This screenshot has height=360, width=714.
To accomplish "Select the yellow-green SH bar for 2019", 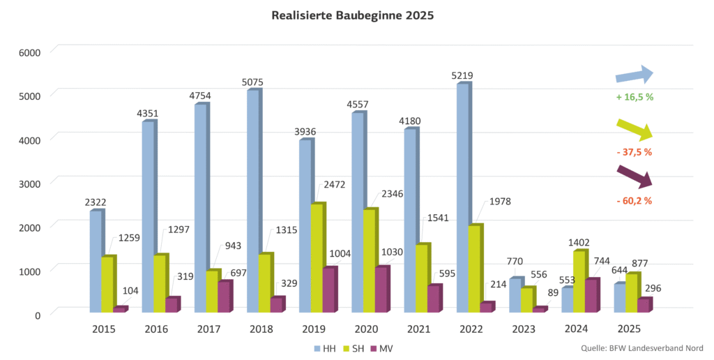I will [317, 257].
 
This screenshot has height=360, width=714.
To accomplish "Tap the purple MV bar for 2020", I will [381, 290].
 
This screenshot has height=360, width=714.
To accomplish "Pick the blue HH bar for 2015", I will [96, 261].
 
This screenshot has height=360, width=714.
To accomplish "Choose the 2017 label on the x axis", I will [210, 329].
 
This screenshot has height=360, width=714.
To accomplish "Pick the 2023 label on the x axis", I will [523, 329].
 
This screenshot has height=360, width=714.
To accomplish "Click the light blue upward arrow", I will [634, 76].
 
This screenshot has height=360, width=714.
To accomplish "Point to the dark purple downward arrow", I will [634, 177].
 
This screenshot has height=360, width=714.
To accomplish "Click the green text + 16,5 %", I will [635, 97].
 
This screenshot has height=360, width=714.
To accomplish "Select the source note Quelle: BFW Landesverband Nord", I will [641, 347].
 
